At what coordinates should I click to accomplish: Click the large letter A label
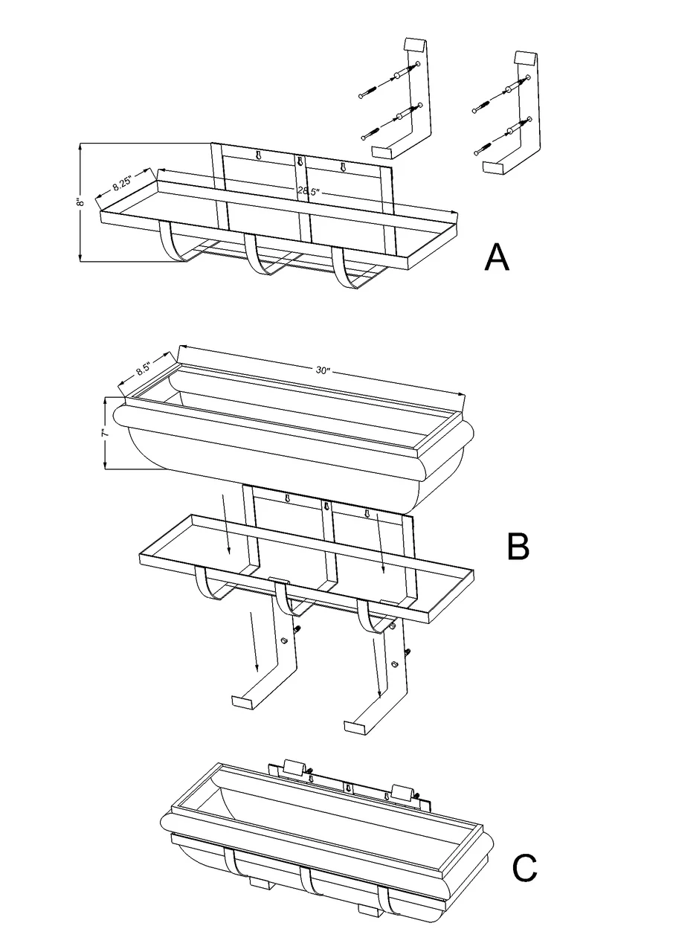pos(497,257)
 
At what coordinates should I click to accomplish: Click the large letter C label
pos(525,866)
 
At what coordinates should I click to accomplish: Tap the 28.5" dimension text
pos(309,191)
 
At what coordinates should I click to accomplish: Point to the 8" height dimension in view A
pos(83,202)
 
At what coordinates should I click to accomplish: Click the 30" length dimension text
pos(322,370)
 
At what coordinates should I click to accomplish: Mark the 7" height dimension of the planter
pos(107,432)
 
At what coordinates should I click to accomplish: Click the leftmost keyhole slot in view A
pos(258,155)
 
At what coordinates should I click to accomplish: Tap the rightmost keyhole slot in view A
pos(343,165)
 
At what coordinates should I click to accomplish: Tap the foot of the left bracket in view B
pos(244,701)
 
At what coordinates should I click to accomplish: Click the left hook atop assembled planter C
pos(293,768)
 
